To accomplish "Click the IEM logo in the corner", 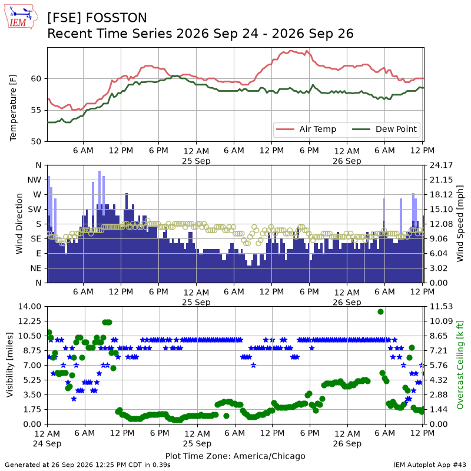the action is (21, 16).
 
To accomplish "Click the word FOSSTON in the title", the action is (116, 18).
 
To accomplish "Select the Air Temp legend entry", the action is (306, 129).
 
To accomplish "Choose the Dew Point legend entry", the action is (384, 129).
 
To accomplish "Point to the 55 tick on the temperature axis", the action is (37, 110).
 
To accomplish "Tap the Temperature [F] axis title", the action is (12, 108).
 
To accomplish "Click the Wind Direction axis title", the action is (19, 224).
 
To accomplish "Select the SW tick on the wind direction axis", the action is (35, 209).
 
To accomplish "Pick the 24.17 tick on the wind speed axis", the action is (441, 165).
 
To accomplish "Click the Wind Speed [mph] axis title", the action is (460, 224).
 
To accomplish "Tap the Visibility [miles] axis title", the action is (9, 365).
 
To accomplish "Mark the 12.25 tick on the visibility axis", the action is (29, 321).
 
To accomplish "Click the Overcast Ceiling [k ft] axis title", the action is (460, 365).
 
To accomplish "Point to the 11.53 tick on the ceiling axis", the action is (441, 306).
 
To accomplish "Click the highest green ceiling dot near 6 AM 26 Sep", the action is (380, 312).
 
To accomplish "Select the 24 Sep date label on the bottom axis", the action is (47, 444).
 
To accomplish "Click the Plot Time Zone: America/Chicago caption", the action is (235, 456).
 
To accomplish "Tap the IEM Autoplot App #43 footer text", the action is (430, 465).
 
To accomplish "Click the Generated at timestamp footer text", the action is (87, 465).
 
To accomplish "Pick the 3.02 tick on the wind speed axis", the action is (439, 268).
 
